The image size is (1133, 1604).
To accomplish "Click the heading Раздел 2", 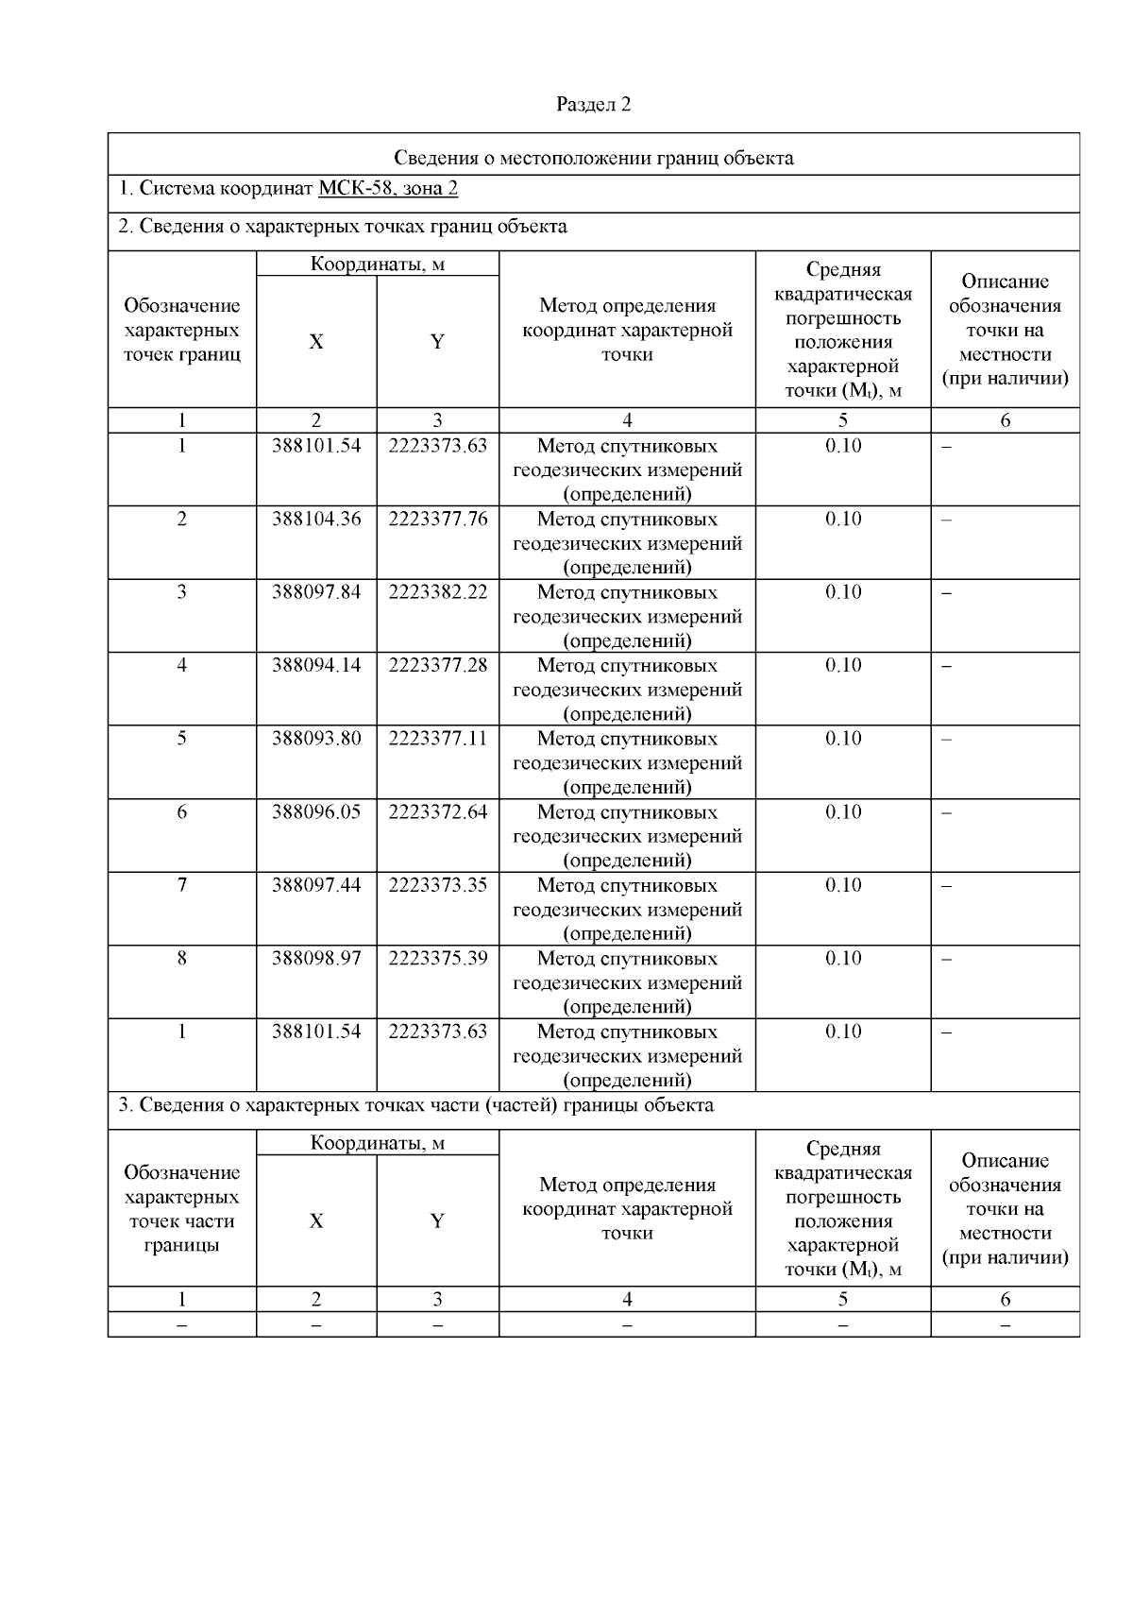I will point(593,104).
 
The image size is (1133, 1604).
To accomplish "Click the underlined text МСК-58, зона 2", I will point(388,188).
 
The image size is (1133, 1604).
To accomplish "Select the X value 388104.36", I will point(316,519).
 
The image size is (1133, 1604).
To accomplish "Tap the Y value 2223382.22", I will point(437,592).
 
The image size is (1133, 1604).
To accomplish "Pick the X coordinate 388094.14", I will point(316,665).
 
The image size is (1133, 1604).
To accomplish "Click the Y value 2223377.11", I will point(437,739).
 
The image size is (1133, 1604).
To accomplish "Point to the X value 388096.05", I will point(316,812).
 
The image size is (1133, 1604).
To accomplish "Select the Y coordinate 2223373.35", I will point(437,885).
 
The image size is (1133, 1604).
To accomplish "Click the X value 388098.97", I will point(316,959).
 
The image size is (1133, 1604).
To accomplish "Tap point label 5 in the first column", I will point(181,739).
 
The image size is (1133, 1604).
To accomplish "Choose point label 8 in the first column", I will point(181,959).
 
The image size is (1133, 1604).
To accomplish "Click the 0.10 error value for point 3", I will point(842,592).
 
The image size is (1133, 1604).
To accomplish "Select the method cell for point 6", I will point(627,836).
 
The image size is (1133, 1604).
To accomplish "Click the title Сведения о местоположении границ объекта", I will point(593,158).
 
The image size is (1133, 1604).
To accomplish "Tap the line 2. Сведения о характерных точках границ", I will point(342,227).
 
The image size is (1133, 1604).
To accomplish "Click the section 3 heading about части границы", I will point(415,1105).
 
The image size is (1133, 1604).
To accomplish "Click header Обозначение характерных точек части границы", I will point(181,1208).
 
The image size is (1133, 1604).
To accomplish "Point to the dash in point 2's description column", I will point(947,520).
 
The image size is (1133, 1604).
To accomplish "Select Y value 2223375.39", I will point(437,959).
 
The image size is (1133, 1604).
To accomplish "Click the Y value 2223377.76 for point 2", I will point(437,519).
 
